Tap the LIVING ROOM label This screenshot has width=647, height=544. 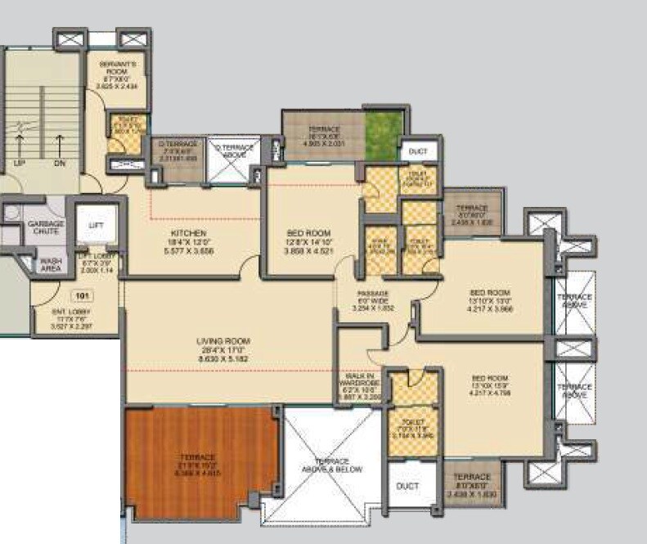coord(223,340)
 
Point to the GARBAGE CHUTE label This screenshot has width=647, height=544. coord(45,228)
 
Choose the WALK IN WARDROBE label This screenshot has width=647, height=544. coord(361,379)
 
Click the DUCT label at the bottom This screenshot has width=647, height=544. coord(407,487)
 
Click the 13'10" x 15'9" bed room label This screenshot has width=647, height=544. coord(491,377)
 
